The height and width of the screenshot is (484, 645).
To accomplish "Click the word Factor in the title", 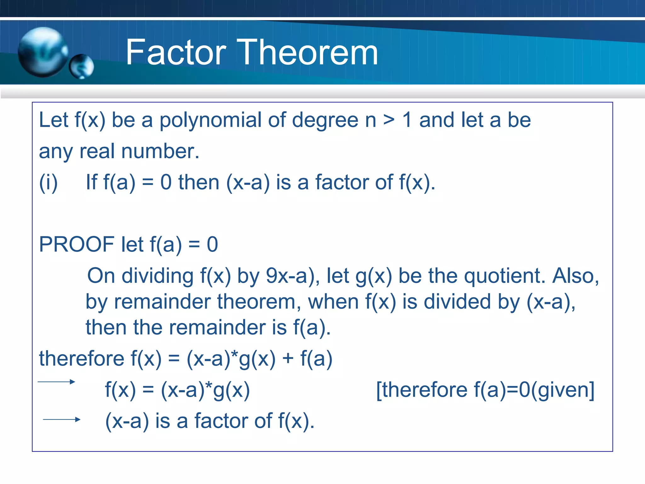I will click(x=176, y=52).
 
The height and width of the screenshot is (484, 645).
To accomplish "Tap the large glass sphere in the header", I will click(x=43, y=52).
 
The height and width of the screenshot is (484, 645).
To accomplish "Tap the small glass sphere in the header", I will click(x=82, y=66).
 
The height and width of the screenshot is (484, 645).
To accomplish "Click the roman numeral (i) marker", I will click(x=48, y=182).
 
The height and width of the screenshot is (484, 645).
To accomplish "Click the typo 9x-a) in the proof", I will click(x=290, y=276).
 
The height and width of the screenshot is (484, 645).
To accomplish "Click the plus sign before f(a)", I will click(x=288, y=359).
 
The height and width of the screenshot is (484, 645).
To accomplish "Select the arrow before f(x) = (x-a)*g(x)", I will click(x=56, y=382).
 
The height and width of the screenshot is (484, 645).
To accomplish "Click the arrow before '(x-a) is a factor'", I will click(x=62, y=419).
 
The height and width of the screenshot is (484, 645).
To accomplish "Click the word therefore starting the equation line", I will click(x=82, y=359).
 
